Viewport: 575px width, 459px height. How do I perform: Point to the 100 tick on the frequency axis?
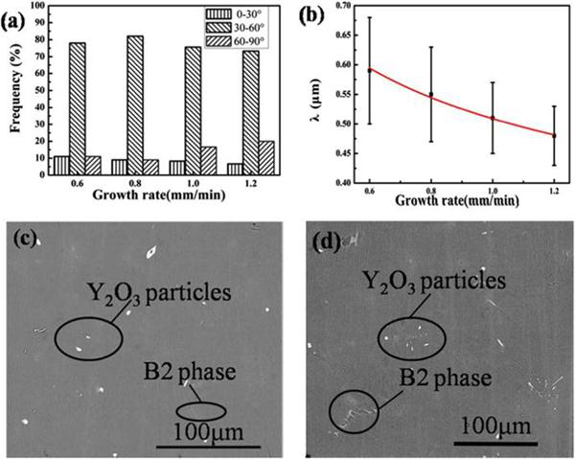(37, 5)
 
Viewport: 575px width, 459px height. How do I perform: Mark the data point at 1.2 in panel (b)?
(553, 135)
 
